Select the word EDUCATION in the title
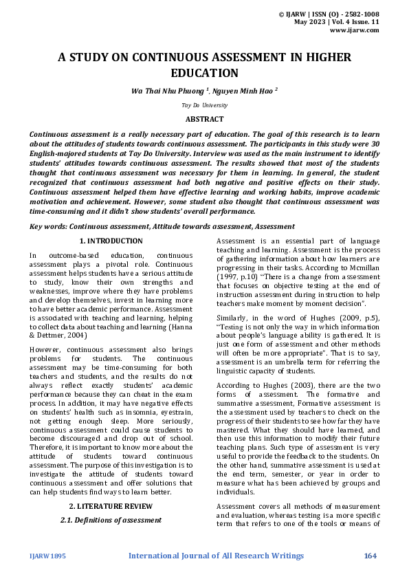tap(204, 73)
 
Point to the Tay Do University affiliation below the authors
tap(204, 105)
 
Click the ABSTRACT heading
tap(204, 119)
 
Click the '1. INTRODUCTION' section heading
tap(111, 241)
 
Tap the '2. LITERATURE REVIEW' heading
tap(111, 506)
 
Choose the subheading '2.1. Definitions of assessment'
tap(111, 520)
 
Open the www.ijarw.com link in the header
tap(355, 30)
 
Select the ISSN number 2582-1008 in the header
tap(360, 14)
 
